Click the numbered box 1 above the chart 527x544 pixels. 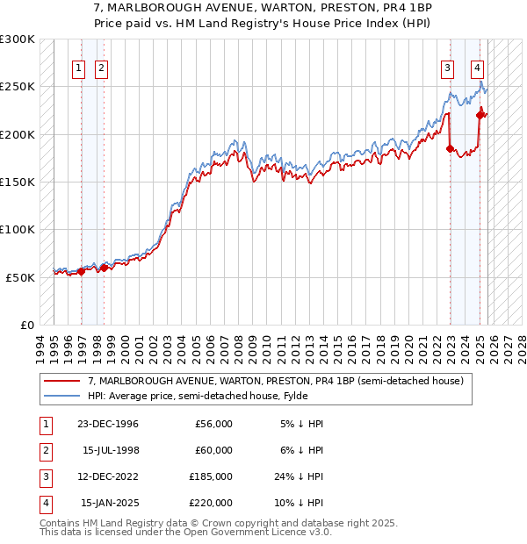[x=79, y=68]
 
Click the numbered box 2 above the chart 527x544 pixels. [x=102, y=68]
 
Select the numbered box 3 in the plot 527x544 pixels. [x=448, y=68]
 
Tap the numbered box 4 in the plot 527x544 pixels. [x=477, y=68]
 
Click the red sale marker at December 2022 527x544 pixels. [x=450, y=149]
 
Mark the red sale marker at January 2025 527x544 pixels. [x=480, y=115]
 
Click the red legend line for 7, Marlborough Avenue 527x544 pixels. [x=61, y=382]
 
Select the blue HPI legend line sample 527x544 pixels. [x=61, y=396]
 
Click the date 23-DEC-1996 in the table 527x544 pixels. [x=109, y=424]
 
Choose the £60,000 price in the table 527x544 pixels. [x=213, y=450]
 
